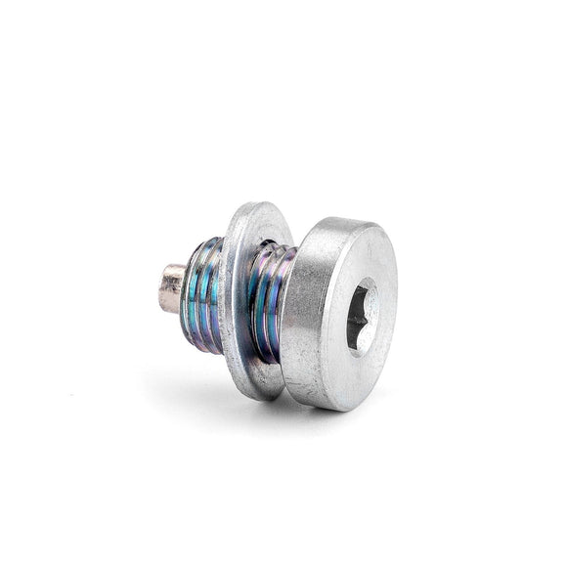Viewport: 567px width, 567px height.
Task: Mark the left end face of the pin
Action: pyautogui.click(x=163, y=289)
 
